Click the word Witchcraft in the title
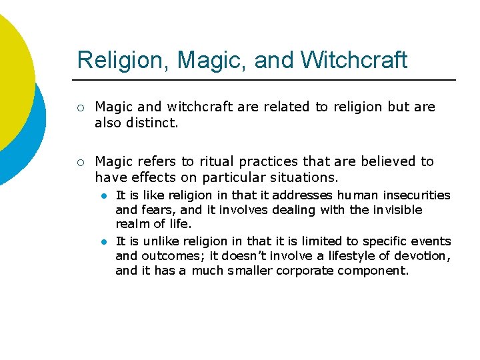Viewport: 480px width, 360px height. tap(353, 60)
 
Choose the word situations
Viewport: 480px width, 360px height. tap(303, 177)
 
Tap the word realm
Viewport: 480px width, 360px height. tap(131, 225)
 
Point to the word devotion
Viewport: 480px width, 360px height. tap(424, 255)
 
